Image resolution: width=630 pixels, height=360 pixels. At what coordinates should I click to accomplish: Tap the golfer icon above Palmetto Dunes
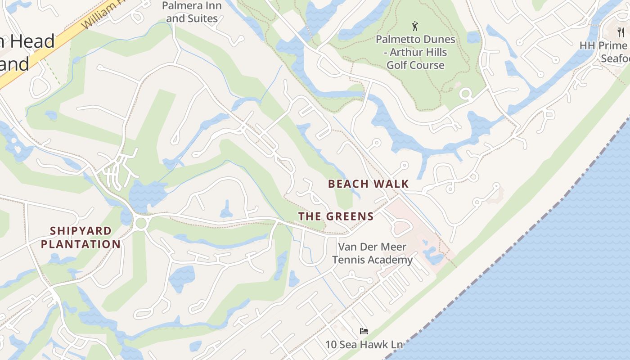(415, 26)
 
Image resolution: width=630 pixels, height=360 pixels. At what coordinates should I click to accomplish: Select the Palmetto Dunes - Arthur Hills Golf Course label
(415, 52)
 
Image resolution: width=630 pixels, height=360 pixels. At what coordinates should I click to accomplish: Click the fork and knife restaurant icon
(621, 32)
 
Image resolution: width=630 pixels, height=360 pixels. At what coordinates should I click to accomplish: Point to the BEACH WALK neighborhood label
(368, 184)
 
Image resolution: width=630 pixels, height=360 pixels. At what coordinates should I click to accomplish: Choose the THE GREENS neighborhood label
(336, 216)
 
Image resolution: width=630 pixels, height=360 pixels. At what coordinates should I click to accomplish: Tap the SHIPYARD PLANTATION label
(81, 238)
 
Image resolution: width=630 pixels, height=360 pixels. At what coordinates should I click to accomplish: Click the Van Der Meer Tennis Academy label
(375, 253)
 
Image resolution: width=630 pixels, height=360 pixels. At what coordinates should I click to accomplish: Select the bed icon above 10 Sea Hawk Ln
(364, 332)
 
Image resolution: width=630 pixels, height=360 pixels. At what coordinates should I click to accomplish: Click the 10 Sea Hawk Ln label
(364, 345)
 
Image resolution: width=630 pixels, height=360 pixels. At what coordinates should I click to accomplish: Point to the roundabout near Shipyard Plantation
(141, 223)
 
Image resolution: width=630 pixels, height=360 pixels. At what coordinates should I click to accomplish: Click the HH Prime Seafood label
(605, 52)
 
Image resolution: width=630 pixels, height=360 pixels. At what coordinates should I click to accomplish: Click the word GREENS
(347, 216)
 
